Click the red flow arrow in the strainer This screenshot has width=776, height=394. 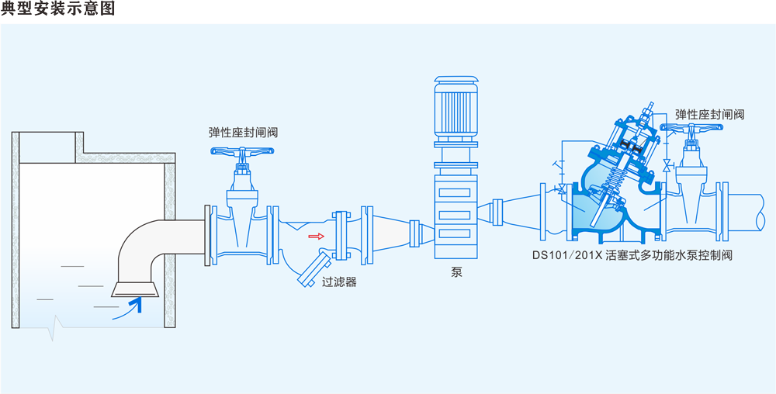tap(315, 236)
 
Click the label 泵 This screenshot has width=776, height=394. tap(456, 272)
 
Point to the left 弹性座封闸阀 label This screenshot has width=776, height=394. tap(243, 133)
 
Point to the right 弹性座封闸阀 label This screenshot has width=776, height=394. tap(709, 114)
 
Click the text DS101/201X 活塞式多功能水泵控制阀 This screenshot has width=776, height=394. tap(632, 254)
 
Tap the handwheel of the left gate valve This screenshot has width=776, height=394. tap(243, 153)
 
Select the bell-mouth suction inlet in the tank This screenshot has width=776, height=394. tap(136, 289)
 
